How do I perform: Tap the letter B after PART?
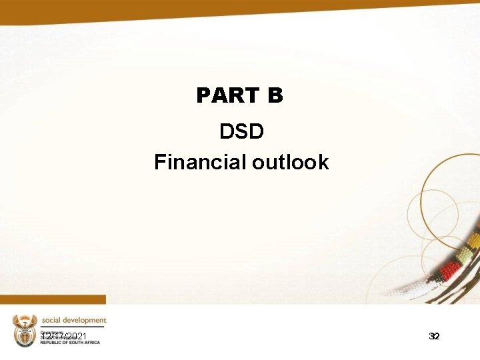pos(275,96)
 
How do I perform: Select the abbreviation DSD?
pos(241,131)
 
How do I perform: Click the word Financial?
pos(201,162)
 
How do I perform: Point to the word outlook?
pos(291,162)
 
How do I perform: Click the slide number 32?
pos(434,337)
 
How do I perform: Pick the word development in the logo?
pos(85,320)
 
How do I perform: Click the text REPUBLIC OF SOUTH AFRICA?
pos(70,342)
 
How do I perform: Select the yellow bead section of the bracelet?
pos(474,238)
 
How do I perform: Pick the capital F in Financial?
pos(159,162)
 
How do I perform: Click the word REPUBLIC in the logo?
pos(51,342)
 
